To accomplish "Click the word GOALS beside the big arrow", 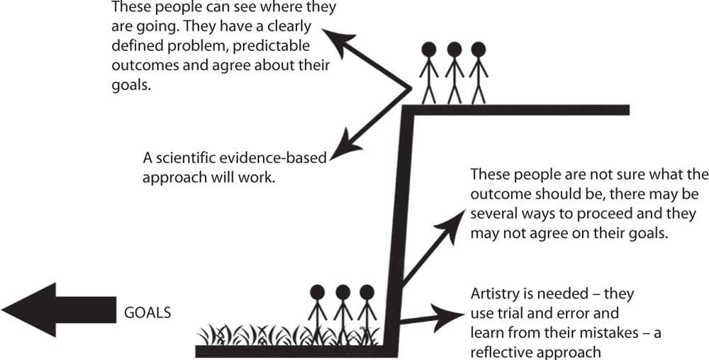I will [x=147, y=313].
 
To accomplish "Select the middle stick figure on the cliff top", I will [x=454, y=74].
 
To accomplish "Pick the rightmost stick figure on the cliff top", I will [x=478, y=74].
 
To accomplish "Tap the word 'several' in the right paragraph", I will [x=492, y=214].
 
